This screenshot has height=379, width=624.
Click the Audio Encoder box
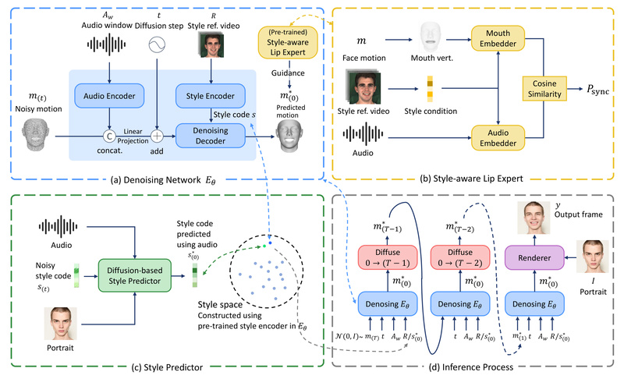tap(107, 97)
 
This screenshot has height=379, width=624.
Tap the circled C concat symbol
tap(107, 133)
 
